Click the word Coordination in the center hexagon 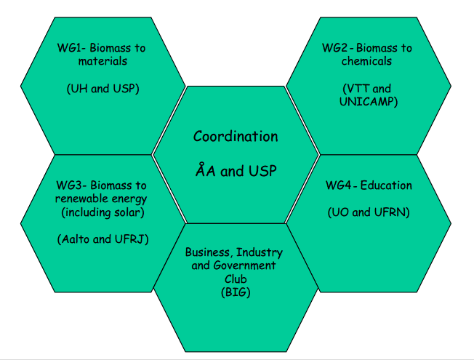coord(236,137)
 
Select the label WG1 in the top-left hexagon coord(69,48)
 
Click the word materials coord(103,61)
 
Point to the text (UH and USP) coord(103,89)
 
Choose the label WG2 coord(334,48)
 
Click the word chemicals coord(366,61)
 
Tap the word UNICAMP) coord(369,102)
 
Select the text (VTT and coord(366,89)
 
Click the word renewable coord(79,199)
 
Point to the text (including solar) coord(103,212)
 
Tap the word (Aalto coord(73,239)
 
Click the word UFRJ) coord(132,239)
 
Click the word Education coord(386,185)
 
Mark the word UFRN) coord(392,212)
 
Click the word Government coord(244,265)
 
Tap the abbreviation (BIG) coord(236,292)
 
